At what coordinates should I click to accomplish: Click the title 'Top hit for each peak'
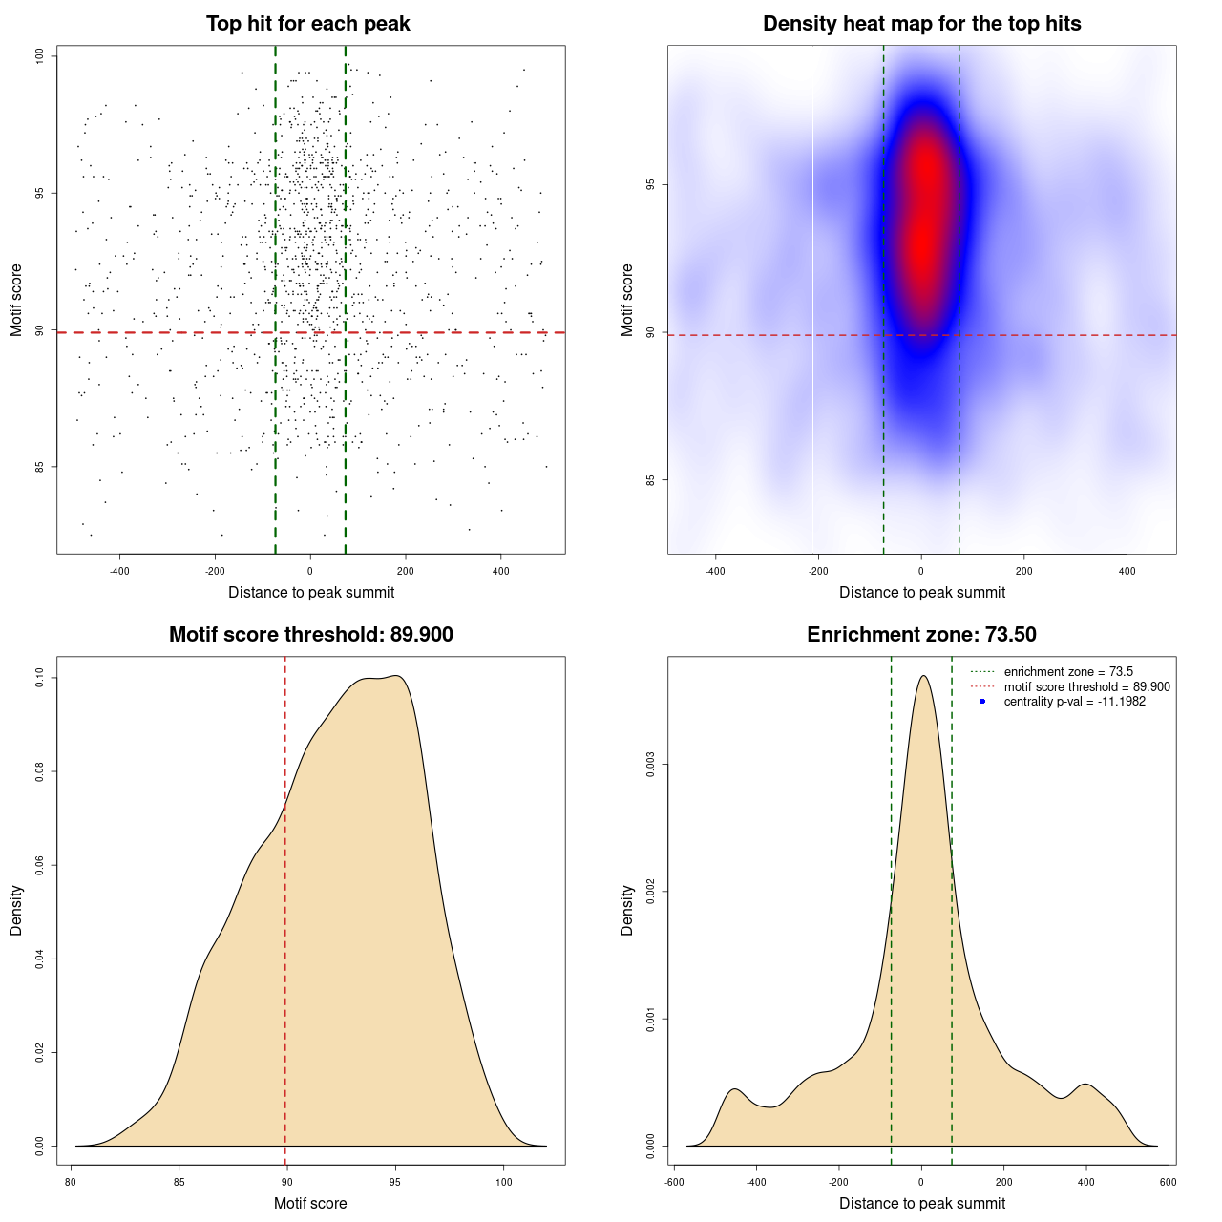(x=308, y=24)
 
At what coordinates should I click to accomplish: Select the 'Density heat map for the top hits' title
(x=921, y=24)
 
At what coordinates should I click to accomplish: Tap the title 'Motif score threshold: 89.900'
(x=310, y=635)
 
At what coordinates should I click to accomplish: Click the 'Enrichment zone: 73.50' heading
(x=921, y=635)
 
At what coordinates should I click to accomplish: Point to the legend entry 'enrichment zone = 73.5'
(x=1068, y=672)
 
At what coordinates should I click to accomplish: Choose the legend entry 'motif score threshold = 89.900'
(x=1086, y=686)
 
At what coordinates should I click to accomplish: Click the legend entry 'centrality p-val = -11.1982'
(x=1074, y=702)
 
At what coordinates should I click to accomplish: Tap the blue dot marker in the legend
(x=982, y=702)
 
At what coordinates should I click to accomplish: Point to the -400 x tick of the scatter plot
(x=119, y=571)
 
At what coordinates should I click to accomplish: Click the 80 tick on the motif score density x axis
(x=71, y=1182)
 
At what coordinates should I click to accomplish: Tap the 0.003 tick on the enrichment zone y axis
(x=651, y=765)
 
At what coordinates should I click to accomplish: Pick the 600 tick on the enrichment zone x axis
(x=1168, y=1182)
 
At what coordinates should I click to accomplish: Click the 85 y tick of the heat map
(x=651, y=479)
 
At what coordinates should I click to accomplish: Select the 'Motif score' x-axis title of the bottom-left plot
(x=310, y=1203)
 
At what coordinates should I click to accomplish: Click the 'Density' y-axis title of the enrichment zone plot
(x=627, y=910)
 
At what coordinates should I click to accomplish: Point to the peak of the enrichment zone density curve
(x=922, y=676)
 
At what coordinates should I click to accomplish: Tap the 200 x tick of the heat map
(x=1024, y=571)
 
